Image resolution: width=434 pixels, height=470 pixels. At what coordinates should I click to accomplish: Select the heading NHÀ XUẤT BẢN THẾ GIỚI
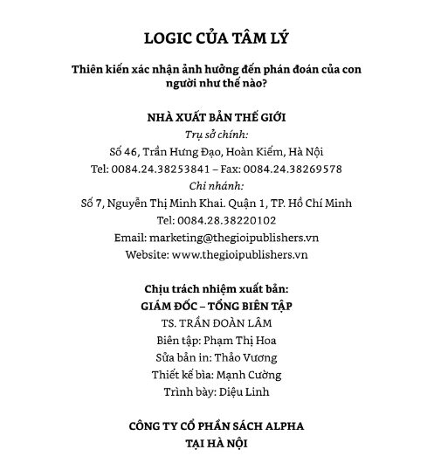point(217,117)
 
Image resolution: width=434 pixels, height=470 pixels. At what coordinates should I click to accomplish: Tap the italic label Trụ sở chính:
point(217,135)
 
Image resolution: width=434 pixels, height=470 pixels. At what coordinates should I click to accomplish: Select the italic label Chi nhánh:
point(217,185)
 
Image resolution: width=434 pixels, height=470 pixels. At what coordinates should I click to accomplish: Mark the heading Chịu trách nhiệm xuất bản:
point(217,288)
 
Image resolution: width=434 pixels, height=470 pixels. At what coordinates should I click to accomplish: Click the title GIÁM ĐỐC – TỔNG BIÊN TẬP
point(217,306)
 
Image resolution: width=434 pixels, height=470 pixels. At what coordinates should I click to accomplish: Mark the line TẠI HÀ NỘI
point(217,444)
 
